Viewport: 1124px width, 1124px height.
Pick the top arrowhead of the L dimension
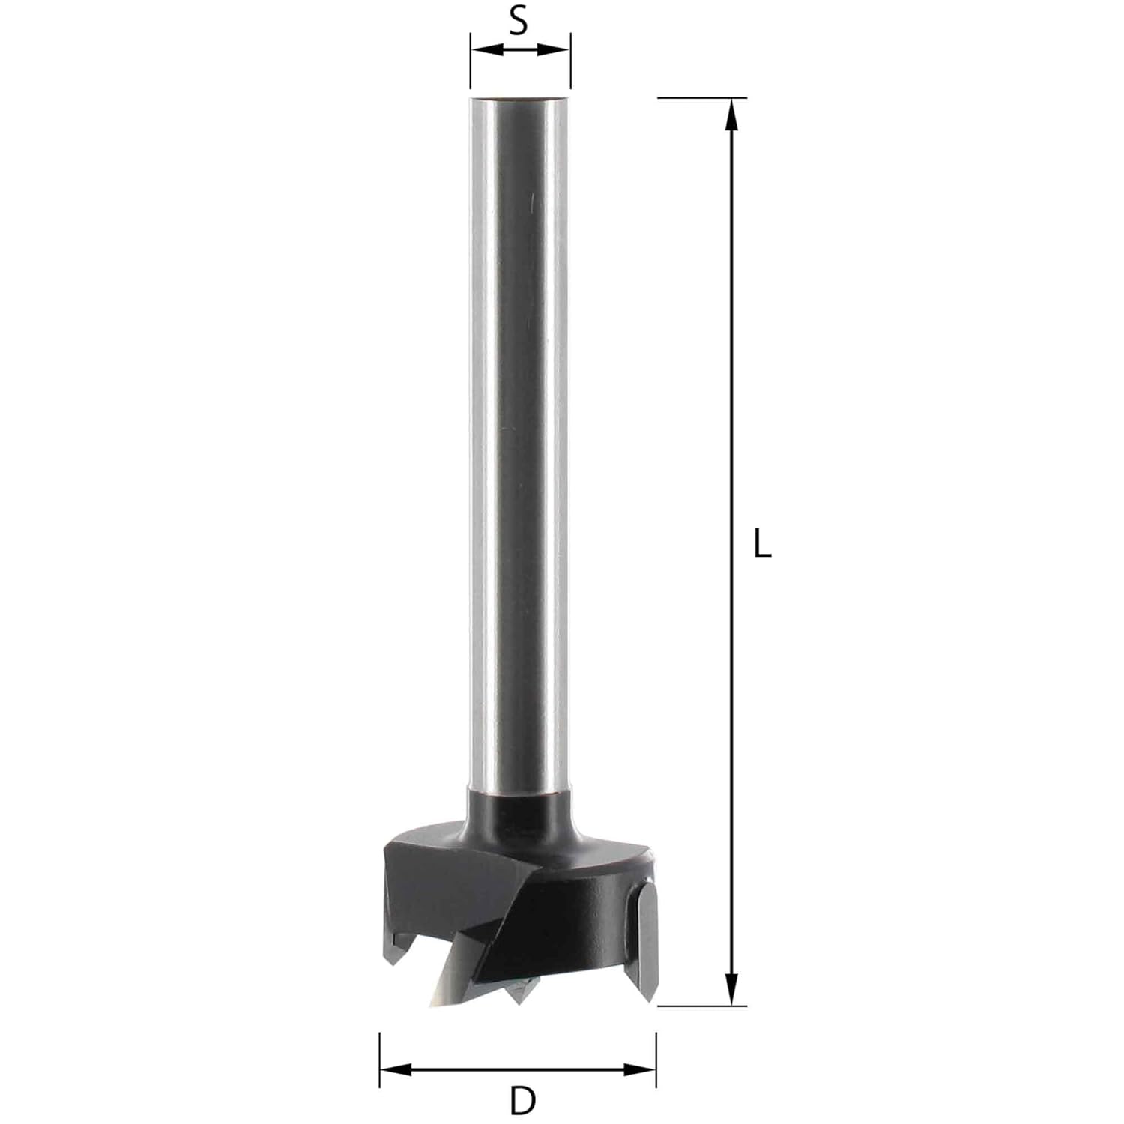[733, 115]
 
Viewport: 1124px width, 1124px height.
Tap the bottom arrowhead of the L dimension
[733, 989]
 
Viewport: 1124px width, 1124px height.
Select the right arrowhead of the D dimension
[640, 1069]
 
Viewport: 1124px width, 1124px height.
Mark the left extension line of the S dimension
[471, 61]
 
